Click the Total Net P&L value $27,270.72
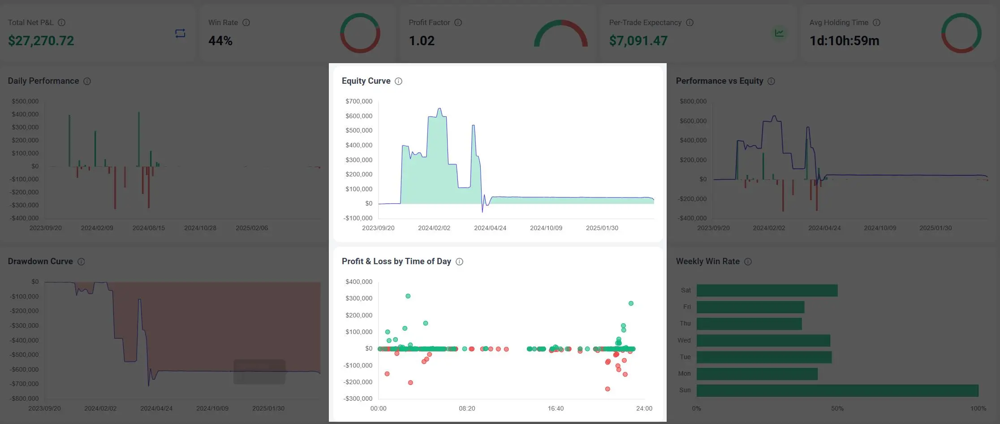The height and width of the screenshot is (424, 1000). pos(41,41)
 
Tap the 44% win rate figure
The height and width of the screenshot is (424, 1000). pos(220,41)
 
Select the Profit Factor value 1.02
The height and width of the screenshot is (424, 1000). pos(421,41)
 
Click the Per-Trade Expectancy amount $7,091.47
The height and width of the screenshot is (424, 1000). pos(638,41)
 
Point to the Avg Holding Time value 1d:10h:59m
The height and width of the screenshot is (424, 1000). pos(844,41)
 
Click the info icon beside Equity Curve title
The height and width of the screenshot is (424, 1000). pos(398,81)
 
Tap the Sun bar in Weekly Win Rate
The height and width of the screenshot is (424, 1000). pos(837,390)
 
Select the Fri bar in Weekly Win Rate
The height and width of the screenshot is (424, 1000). pos(750,307)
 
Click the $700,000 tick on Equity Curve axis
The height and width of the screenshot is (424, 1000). pos(358,101)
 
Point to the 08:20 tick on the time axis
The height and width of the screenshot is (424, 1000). pos(467,408)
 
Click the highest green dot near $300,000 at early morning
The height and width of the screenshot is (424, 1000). pos(408,296)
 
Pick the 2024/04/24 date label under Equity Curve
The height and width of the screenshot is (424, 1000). pos(490,228)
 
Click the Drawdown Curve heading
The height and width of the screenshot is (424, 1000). pos(40,261)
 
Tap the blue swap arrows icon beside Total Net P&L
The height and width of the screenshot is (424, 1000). pos(180,33)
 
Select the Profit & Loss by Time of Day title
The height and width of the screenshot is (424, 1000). pos(396,261)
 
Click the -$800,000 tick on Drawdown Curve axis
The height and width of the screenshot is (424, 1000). pos(25,398)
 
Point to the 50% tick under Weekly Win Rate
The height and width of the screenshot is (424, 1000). pos(837,408)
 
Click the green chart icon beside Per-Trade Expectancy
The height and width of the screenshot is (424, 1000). pos(779,33)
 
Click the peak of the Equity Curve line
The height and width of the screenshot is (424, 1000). pos(440,108)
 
